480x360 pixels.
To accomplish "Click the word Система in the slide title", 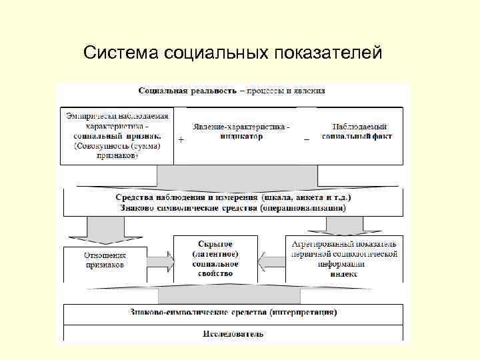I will (121, 52).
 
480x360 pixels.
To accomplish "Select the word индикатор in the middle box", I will (241, 136).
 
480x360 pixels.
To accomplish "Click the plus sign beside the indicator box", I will (181, 140).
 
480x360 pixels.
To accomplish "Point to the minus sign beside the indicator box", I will (306, 139).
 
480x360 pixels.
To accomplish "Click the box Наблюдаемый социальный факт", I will (357, 131).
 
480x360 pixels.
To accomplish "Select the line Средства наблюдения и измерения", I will (187, 197).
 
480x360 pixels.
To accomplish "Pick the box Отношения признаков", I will (105, 260).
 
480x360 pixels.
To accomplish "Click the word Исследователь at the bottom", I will (233, 333).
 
